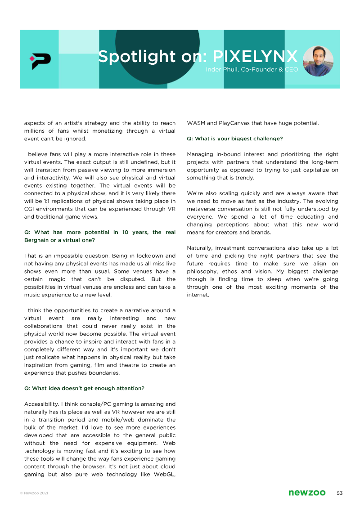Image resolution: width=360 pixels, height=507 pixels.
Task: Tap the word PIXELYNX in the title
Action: (x=255, y=57)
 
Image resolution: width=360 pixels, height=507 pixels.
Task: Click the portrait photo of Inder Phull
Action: (x=318, y=61)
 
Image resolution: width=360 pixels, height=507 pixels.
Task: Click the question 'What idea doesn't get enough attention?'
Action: (x=84, y=388)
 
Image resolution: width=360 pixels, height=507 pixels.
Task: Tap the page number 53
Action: (x=340, y=493)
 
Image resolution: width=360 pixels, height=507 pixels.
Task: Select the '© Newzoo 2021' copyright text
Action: (x=34, y=494)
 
